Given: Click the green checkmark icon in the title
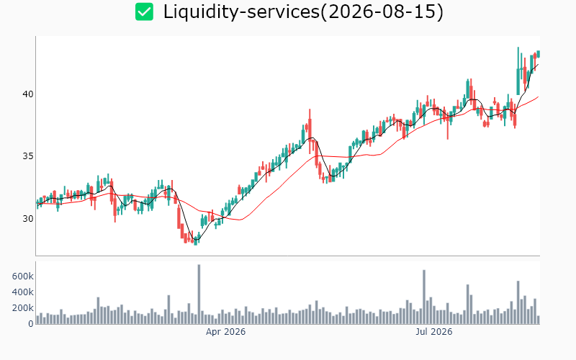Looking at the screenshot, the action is [144, 12].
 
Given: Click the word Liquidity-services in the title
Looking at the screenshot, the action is [242, 12].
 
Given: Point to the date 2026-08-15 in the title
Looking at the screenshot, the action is [384, 12].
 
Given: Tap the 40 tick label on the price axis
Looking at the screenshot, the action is [28, 94].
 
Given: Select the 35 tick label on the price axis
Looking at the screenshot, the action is [28, 156].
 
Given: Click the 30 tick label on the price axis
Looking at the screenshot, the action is [28, 219].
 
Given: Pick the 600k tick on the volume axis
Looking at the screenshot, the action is [23, 276].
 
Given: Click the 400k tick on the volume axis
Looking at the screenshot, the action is [23, 292].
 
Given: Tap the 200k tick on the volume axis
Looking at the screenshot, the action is [23, 308].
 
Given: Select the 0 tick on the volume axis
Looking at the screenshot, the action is [31, 323].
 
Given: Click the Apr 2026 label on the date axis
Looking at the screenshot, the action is [225, 332].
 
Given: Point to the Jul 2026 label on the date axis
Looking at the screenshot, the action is [434, 332].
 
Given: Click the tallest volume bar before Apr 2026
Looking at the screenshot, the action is [199, 294].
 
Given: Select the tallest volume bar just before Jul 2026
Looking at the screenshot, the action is [424, 297].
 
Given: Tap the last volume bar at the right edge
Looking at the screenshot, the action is [538, 320].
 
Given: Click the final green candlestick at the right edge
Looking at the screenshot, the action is [538, 54].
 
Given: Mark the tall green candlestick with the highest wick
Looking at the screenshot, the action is [518, 71].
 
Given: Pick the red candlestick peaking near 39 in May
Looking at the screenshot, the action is [310, 131].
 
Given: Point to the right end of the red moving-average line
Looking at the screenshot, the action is [539, 96].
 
